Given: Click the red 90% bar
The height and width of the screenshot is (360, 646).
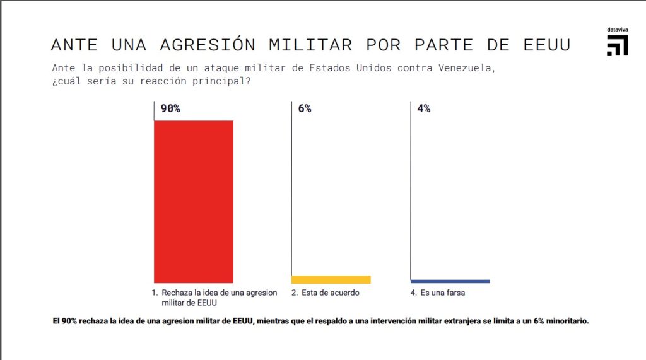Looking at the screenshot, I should click(194, 201).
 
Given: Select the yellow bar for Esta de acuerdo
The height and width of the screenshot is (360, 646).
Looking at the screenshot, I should click(331, 279).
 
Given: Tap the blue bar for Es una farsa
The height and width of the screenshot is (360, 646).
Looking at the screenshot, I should click(450, 281).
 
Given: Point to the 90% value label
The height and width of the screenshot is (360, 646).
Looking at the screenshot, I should click(170, 108).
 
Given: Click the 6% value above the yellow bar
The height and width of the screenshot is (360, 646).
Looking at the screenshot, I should click(305, 108).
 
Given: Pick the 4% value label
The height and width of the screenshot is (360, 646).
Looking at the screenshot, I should click(424, 108).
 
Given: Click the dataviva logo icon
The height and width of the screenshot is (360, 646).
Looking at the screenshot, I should click(617, 46).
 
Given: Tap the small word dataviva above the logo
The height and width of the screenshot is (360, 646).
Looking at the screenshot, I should click(616, 29).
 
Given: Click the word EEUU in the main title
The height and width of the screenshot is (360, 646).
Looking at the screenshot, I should click(547, 45).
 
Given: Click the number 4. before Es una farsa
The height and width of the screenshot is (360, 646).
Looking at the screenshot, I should click(414, 293).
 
